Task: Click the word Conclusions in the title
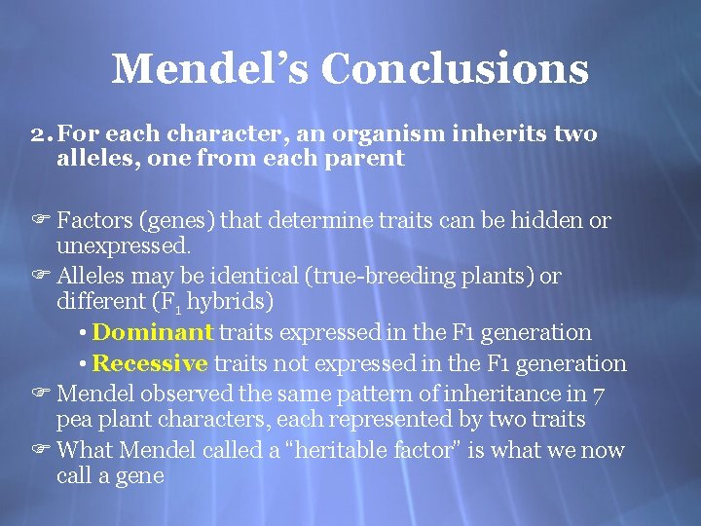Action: point(455,68)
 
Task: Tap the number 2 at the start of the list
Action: point(36,133)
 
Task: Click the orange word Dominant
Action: point(153,332)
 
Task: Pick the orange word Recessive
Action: point(150,363)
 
